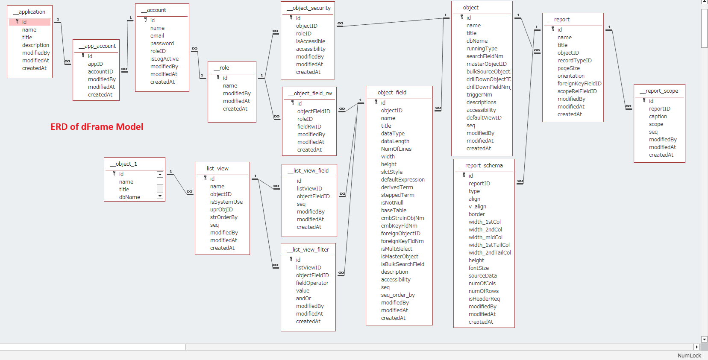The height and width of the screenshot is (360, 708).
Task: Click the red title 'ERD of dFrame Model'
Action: [97, 127]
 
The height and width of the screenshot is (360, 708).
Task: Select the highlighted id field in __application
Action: [30, 22]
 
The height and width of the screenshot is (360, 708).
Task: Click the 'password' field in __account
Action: [162, 43]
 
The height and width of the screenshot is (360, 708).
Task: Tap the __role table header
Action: [224, 67]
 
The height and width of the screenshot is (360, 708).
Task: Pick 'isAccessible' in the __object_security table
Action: [310, 41]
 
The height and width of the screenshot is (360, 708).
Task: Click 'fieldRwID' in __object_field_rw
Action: [309, 127]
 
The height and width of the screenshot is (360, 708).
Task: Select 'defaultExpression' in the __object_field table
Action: [402, 180]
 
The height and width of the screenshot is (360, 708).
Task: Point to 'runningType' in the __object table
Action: [482, 49]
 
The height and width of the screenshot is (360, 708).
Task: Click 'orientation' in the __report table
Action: [571, 76]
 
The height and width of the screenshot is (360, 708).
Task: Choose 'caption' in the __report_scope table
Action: [658, 117]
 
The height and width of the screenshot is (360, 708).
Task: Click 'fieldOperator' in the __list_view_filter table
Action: [312, 283]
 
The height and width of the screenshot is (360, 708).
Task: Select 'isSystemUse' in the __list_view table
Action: [226, 202]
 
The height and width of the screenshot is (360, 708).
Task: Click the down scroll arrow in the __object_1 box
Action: [160, 196]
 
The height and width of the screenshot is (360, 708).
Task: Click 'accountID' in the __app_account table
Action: [100, 72]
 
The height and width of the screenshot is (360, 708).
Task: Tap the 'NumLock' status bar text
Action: [689, 356]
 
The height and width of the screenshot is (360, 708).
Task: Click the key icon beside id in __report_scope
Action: [644, 100]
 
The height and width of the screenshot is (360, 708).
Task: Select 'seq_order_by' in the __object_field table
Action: [398, 295]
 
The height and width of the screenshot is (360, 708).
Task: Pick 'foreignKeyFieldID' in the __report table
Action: [579, 84]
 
